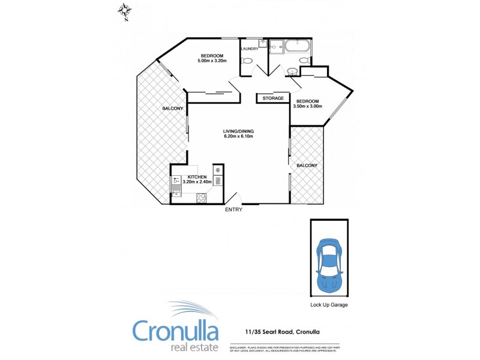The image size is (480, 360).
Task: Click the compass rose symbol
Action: coord(125,11)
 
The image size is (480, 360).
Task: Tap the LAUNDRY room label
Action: coord(249,49)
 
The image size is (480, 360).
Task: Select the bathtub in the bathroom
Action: coord(297,46)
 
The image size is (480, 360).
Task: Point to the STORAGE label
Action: coord(273,98)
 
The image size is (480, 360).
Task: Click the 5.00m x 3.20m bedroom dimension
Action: coord(212,61)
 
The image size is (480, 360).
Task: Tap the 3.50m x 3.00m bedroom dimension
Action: coord(308,106)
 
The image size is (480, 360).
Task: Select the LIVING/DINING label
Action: coord(238,131)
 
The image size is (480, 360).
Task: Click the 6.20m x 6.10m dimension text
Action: coord(238,136)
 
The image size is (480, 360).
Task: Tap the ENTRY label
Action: coord(233,209)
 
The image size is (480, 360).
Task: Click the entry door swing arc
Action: coord(234,196)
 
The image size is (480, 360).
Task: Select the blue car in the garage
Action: coord(329,265)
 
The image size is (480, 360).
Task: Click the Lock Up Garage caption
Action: coord(329,305)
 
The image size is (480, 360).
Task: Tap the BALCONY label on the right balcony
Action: coord(306,165)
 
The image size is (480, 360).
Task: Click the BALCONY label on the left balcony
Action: coord(173,109)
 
